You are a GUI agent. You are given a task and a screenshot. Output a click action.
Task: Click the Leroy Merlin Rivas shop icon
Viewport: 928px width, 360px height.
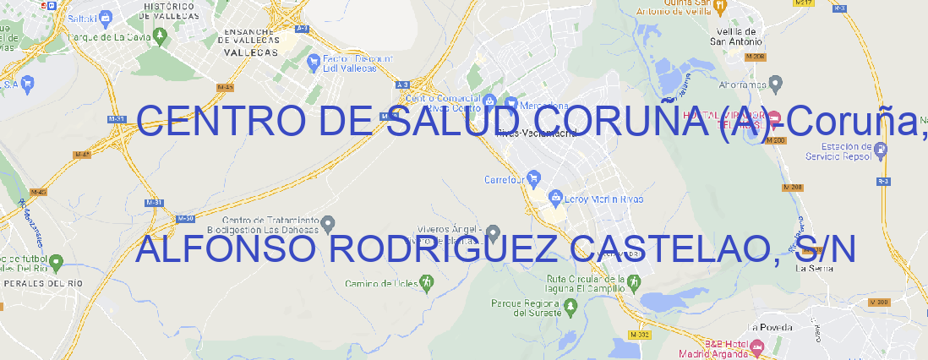pos(555,198)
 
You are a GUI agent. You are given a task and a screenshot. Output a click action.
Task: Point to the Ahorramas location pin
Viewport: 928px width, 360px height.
pos(777,82)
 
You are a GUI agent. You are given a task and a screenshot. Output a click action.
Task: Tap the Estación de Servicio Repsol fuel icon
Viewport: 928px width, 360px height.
pos(881,150)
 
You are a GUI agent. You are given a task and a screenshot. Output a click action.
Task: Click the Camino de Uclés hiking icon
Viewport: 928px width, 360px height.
pos(427,282)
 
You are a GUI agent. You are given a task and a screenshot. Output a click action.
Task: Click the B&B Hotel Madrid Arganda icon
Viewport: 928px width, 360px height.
pos(757,346)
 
